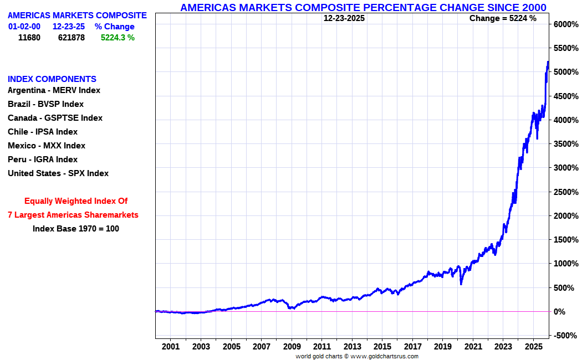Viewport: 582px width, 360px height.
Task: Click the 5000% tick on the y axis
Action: (565, 72)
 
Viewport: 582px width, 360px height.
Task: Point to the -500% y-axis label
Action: (565, 336)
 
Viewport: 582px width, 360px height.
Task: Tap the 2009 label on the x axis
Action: (292, 347)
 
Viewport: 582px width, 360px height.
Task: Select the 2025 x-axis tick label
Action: (533, 347)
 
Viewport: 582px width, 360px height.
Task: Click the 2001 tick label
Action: (171, 347)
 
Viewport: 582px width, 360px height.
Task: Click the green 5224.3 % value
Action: (118, 38)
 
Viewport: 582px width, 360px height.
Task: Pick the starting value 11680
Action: (29, 38)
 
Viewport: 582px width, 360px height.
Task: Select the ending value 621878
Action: (72, 38)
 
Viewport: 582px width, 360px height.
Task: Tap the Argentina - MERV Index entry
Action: (54, 90)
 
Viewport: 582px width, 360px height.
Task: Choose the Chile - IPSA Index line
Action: (43, 132)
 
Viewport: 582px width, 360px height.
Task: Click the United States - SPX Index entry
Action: (58, 173)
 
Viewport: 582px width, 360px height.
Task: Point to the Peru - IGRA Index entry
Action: (43, 160)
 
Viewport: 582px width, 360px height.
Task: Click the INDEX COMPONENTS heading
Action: (52, 79)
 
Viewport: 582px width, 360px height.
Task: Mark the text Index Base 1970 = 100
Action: (76, 229)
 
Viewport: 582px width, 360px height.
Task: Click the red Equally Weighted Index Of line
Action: (76, 201)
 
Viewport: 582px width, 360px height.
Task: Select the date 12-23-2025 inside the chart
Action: (344, 18)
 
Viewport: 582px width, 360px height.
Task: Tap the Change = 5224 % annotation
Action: (503, 18)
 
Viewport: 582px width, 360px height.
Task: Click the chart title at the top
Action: (363, 7)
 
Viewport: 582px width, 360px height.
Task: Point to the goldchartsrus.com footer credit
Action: (356, 356)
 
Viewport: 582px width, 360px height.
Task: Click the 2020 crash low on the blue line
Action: (461, 284)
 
